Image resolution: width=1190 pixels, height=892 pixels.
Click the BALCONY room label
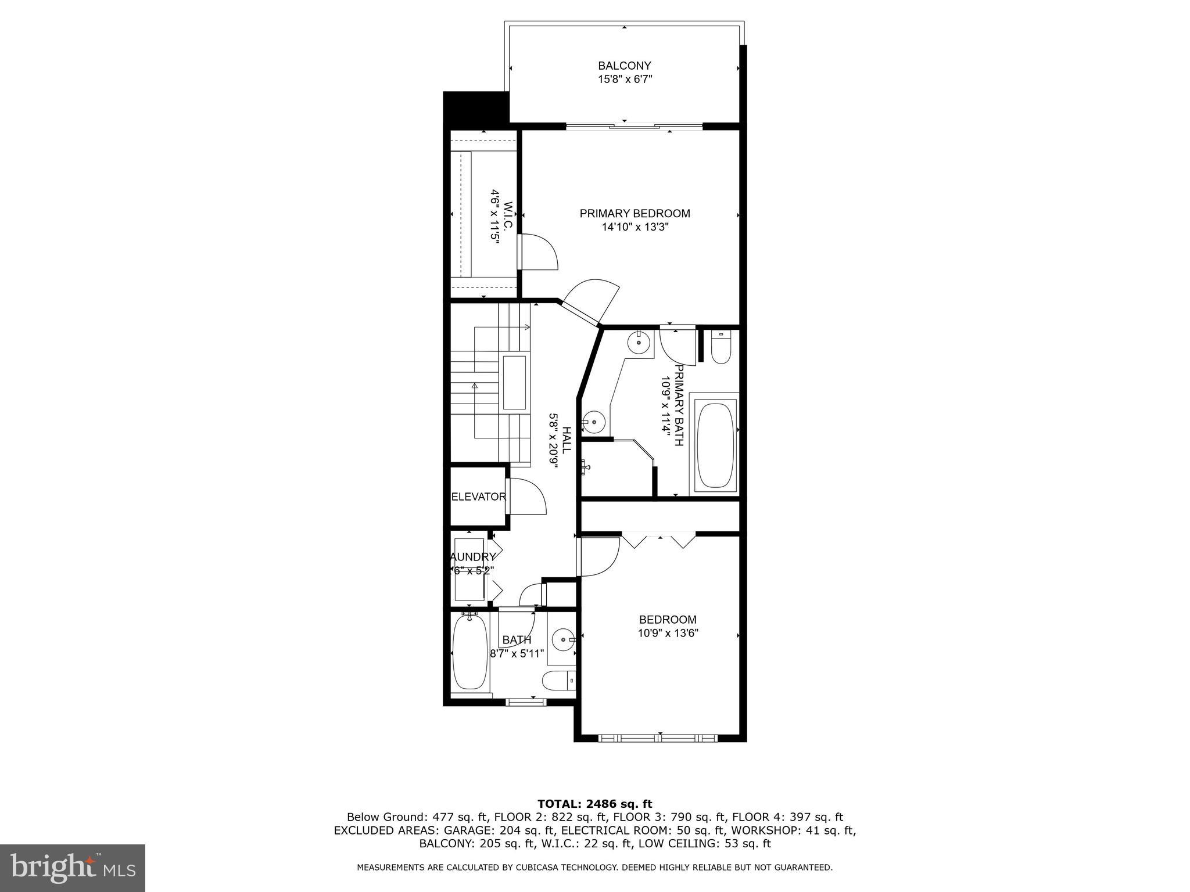tap(625, 66)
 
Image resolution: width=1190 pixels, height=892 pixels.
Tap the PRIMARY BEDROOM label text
tap(635, 214)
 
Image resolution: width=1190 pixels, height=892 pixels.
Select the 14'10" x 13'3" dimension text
tap(635, 228)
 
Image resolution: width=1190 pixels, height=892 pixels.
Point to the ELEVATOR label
tap(479, 497)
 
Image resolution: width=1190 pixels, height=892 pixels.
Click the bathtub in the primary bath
tap(715, 445)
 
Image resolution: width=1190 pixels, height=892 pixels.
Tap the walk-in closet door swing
tap(538, 251)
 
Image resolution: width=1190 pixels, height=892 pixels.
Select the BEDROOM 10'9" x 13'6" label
tap(668, 627)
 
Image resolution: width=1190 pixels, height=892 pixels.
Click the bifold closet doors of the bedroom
tap(659, 540)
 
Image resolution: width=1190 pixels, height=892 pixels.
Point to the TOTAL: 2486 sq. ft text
tap(594, 804)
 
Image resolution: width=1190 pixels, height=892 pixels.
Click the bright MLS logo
tap(73, 868)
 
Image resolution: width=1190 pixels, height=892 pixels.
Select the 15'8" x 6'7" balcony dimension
tap(625, 80)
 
